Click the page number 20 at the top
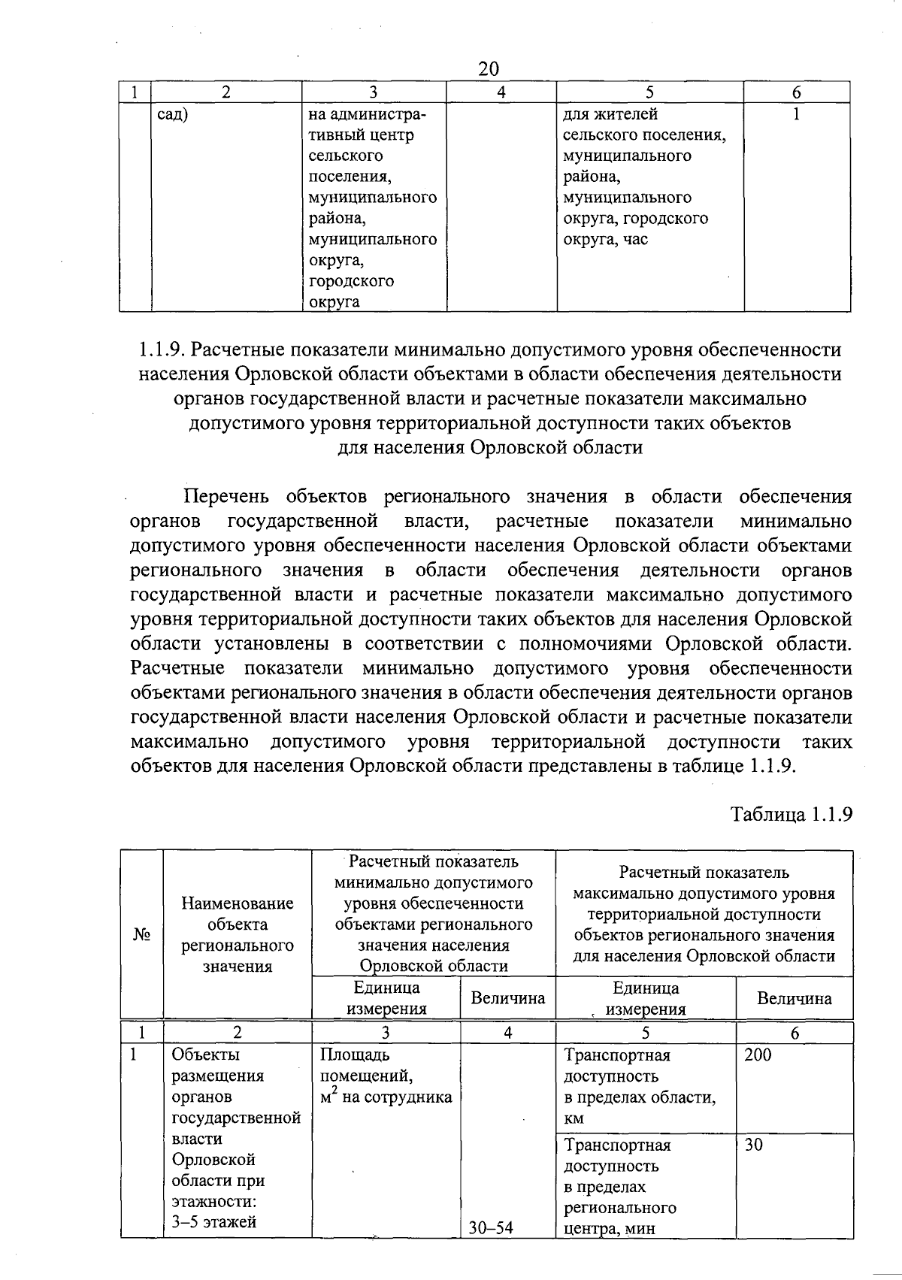click(x=489, y=69)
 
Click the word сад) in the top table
click(x=173, y=115)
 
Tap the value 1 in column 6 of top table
click(x=796, y=115)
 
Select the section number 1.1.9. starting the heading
click(x=163, y=350)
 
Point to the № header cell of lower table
click(x=142, y=935)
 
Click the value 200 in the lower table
click(x=758, y=1055)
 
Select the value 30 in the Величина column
click(x=754, y=1145)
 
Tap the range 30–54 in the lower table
click(x=491, y=1228)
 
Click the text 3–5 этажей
click(x=214, y=1222)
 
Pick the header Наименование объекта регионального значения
click(x=238, y=935)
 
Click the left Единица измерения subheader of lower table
click(x=386, y=998)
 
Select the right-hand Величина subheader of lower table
click(x=794, y=999)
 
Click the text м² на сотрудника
click(x=386, y=1097)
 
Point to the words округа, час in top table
click(x=605, y=241)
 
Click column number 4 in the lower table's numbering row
click(x=507, y=1033)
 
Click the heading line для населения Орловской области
click(x=489, y=448)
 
